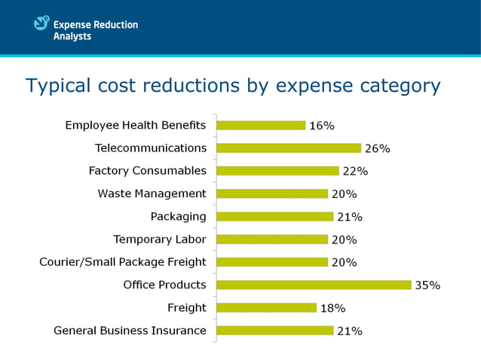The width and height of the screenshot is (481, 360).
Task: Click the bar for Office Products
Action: tap(314, 285)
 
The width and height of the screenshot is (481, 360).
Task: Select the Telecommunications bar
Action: tap(289, 148)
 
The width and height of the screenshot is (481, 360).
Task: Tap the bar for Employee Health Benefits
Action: tap(261, 126)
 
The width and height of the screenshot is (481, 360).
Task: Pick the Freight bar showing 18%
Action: tap(266, 307)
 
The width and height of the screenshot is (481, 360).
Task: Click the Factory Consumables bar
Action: tap(277, 171)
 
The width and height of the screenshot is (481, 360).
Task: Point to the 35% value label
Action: tap(427, 285)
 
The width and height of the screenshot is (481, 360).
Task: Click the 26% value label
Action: tap(377, 149)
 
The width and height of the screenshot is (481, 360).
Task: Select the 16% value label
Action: tap(321, 126)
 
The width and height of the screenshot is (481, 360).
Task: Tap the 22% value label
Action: tap(355, 172)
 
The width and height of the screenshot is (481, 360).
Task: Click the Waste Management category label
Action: tap(152, 194)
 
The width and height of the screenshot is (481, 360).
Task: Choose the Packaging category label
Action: tap(178, 216)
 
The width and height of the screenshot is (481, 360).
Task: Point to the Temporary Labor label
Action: tap(159, 239)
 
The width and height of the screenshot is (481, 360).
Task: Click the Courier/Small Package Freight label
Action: tap(122, 262)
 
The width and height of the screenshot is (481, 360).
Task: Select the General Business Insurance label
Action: tap(130, 330)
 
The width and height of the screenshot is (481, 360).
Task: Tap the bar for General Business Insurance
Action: tap(274, 330)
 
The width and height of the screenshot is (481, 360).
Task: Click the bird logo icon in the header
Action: tap(41, 24)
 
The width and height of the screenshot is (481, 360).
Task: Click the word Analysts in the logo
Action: tap(72, 36)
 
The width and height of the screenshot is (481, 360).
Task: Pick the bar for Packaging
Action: tap(274, 216)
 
